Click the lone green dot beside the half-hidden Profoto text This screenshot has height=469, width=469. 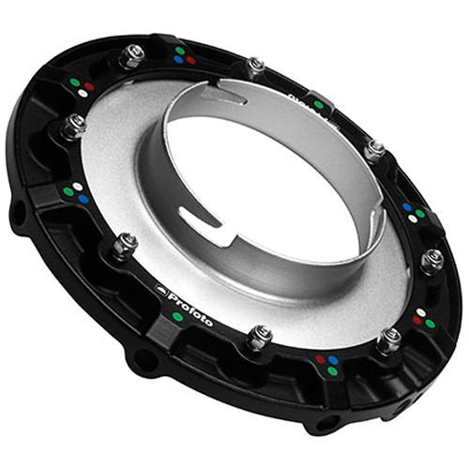coord(319,105)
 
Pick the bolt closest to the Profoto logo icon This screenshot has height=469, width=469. coord(124,247)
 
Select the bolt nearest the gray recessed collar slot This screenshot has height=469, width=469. coord(254,68)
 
